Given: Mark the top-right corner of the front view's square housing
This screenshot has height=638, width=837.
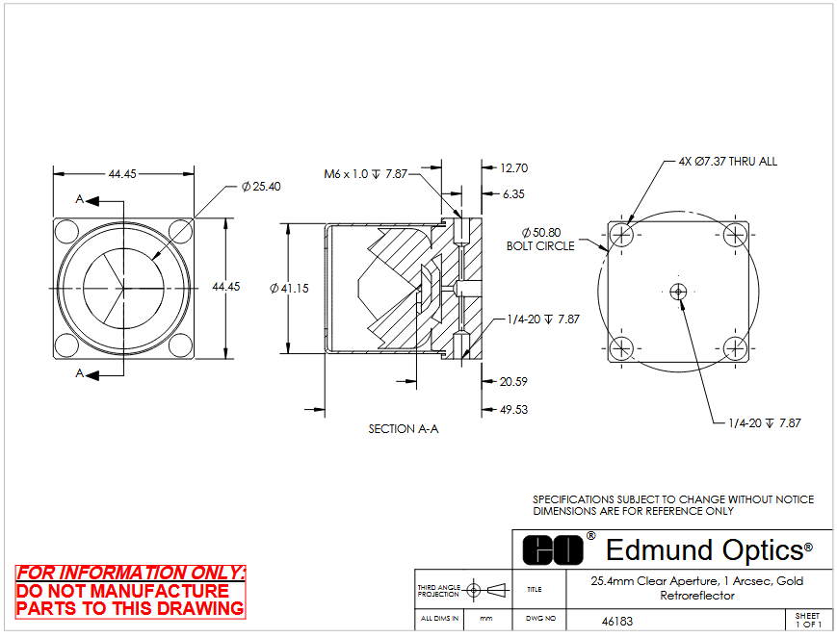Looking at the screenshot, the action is click(195, 218).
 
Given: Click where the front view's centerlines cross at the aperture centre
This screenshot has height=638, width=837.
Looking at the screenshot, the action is click(123, 288).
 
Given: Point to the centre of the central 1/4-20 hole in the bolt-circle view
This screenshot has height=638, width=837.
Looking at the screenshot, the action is click(678, 292).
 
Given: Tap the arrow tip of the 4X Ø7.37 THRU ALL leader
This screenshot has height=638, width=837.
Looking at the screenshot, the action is click(627, 225).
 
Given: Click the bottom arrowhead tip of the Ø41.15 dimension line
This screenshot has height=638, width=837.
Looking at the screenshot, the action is click(288, 353).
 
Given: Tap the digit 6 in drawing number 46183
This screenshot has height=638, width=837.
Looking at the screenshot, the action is click(613, 622).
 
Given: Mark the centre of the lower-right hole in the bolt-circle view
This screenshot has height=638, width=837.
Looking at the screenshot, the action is click(735, 349).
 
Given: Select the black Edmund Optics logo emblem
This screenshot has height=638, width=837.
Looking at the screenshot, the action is click(553, 550).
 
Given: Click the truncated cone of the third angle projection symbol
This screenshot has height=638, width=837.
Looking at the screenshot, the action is click(498, 590).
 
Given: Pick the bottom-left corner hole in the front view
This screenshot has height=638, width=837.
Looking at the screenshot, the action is click(67, 345).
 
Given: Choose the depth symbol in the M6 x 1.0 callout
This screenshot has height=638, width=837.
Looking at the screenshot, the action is click(377, 174).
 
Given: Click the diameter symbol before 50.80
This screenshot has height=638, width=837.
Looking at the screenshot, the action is click(526, 233).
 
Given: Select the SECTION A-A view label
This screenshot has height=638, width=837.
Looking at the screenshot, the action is click(404, 429).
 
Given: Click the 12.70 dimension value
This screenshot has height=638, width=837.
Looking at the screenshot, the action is click(514, 168).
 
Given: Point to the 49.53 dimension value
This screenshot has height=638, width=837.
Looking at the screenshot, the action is click(513, 410).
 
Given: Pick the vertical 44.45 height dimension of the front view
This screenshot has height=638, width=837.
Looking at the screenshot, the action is click(226, 287).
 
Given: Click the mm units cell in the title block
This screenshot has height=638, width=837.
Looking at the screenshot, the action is click(486, 619).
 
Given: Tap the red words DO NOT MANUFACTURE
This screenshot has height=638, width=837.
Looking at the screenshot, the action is click(122, 591).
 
